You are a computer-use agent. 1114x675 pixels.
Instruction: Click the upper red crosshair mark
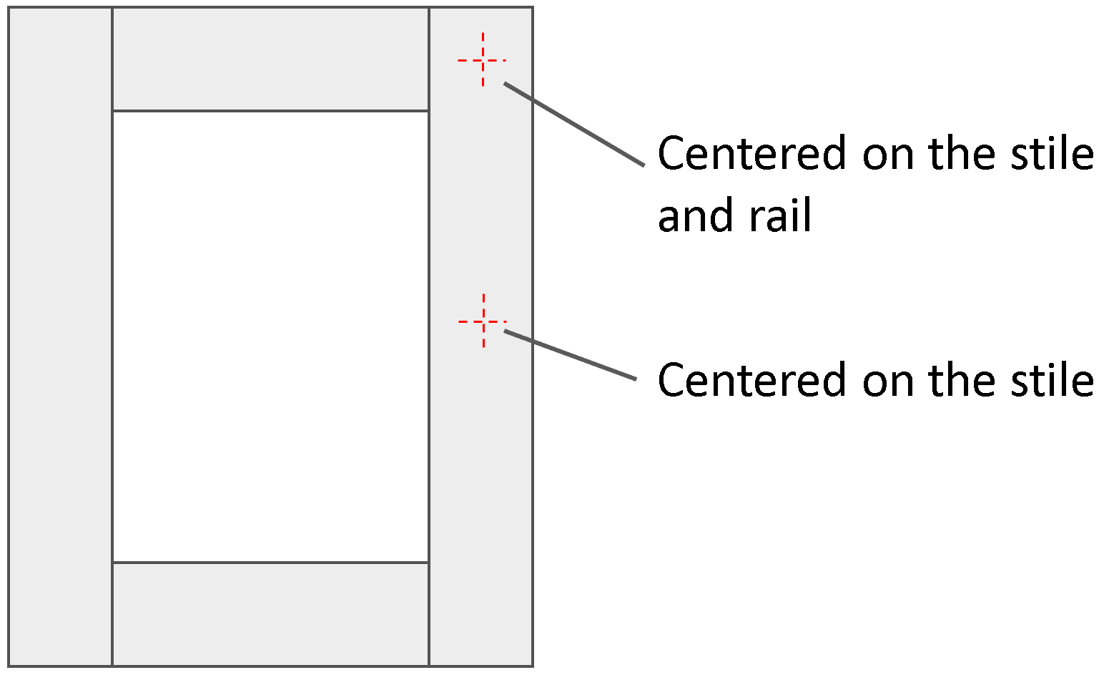click(483, 60)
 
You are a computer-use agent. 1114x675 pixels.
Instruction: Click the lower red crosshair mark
click(483, 321)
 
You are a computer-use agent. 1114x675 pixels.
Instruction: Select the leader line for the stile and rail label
click(574, 124)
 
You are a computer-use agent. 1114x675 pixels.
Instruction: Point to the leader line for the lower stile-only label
click(570, 354)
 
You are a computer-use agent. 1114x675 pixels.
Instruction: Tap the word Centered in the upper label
click(751, 153)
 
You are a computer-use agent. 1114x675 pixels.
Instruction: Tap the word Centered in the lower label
click(751, 380)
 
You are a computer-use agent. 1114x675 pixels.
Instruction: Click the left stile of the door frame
click(60, 336)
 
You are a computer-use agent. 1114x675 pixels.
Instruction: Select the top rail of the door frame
click(270, 59)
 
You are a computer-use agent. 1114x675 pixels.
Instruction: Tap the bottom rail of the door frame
click(270, 614)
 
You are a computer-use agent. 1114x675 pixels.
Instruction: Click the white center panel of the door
click(270, 336)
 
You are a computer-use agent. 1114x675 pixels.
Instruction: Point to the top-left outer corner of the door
click(9, 7)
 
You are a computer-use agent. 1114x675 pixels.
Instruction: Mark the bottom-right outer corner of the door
click(533, 666)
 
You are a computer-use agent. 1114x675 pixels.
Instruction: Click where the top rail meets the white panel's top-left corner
click(113, 111)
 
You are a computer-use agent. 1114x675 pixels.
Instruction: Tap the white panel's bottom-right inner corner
click(428, 562)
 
